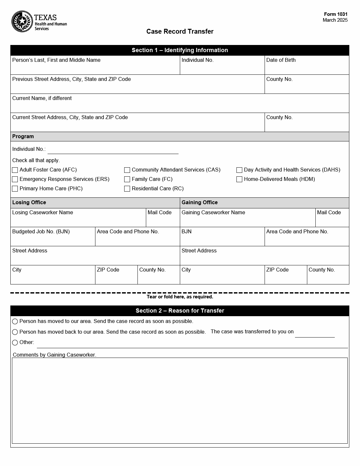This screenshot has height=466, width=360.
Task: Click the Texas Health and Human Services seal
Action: (22, 22)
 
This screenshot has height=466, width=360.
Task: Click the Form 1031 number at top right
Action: (336, 14)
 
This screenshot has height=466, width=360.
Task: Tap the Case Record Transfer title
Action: (180, 31)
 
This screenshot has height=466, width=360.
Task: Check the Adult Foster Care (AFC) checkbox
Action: (15, 170)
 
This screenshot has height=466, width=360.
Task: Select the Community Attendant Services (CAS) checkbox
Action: (127, 170)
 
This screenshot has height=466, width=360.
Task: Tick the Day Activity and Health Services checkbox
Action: (239, 170)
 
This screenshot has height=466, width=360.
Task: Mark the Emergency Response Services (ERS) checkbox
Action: (15, 179)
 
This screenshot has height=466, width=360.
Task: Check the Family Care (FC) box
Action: (127, 179)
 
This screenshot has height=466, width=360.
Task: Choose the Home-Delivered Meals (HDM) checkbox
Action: (239, 179)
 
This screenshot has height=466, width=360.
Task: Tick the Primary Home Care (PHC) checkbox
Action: (15, 189)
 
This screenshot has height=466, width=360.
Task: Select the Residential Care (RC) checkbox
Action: (127, 189)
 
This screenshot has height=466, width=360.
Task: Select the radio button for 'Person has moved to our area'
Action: (15, 321)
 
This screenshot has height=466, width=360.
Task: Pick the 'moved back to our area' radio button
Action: (15, 332)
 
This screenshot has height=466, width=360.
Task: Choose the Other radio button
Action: (15, 342)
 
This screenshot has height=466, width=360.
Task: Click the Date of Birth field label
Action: (281, 60)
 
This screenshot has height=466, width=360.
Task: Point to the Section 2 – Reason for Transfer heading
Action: (180, 311)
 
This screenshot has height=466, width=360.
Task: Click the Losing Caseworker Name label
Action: (43, 213)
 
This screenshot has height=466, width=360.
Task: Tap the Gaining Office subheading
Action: (200, 203)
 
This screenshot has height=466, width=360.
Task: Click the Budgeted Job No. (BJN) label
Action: (41, 232)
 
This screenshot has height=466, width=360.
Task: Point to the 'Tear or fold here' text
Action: (180, 297)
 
